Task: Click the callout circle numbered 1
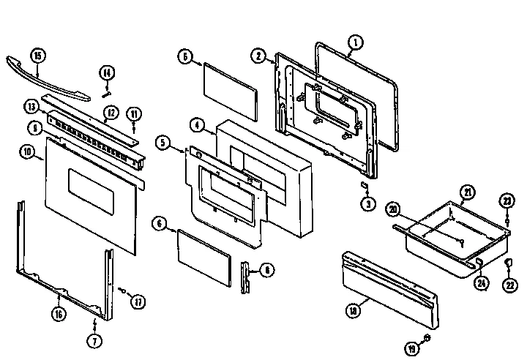[354, 42]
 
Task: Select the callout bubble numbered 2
[258, 56]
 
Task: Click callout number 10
[27, 152]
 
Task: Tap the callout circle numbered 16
[59, 315]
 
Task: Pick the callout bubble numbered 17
[136, 300]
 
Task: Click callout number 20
[393, 209]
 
